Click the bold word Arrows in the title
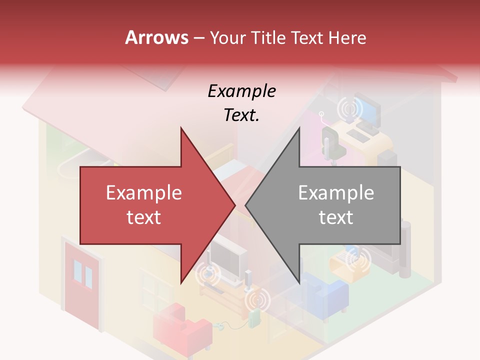tap(157, 37)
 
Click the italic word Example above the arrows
tap(241, 91)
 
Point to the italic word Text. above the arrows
tap(241, 115)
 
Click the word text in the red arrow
tap(144, 217)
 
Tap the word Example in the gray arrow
tap(336, 193)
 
